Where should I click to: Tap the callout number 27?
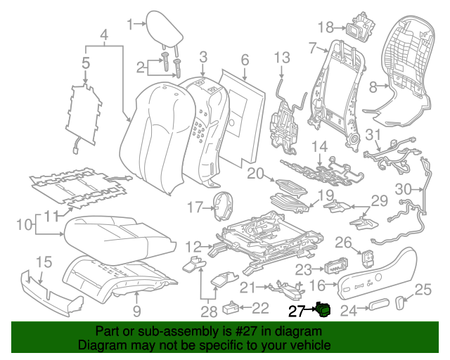(x=295, y=309)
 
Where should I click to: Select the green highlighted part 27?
(x=323, y=309)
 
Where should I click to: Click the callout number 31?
(x=373, y=135)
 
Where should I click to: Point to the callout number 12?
(x=193, y=246)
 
